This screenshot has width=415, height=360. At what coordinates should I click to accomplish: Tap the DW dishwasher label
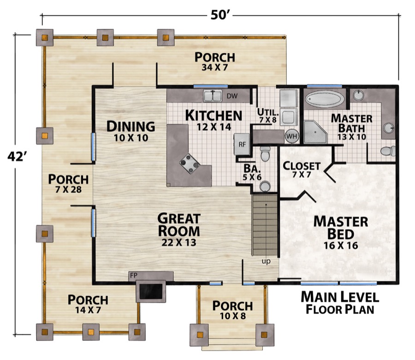[x=232, y=96]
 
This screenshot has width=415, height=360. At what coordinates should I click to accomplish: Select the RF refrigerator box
[x=242, y=143]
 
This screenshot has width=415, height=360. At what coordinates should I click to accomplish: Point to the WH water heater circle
[x=292, y=137]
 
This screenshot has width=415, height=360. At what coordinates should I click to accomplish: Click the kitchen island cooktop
[x=190, y=163]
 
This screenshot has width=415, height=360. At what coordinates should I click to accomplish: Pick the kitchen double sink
[x=213, y=96]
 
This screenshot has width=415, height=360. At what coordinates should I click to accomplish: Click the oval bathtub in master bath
[x=323, y=99]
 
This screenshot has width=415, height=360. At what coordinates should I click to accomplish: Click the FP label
[x=134, y=275]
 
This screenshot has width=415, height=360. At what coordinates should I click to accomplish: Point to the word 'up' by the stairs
[x=266, y=262]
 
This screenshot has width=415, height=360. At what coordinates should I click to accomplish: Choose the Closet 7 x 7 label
[x=302, y=169]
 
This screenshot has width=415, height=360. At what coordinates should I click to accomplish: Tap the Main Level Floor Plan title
[x=340, y=302]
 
